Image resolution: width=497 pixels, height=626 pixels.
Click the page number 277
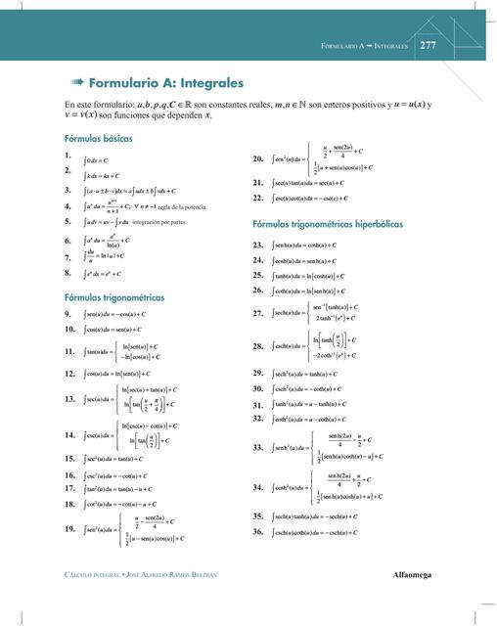tap(428, 45)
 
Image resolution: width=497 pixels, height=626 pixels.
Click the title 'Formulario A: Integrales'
tap(165, 84)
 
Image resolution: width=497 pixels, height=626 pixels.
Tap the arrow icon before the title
tap(74, 84)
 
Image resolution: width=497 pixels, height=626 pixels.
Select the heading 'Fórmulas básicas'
tap(98, 139)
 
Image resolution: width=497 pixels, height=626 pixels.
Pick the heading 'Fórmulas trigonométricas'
tap(113, 296)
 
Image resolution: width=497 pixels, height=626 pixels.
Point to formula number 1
tap(67, 156)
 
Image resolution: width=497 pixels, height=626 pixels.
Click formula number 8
tap(67, 275)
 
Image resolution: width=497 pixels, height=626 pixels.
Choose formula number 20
tap(258, 158)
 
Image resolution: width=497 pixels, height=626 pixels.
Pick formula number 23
tap(258, 245)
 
